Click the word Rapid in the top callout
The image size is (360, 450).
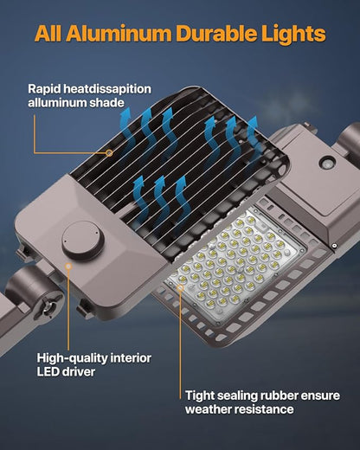pyautogui.click(x=46, y=88)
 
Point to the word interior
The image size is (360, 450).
pyautogui.click(x=137, y=357)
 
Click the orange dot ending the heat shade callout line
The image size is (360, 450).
pyautogui.click(x=110, y=153)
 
